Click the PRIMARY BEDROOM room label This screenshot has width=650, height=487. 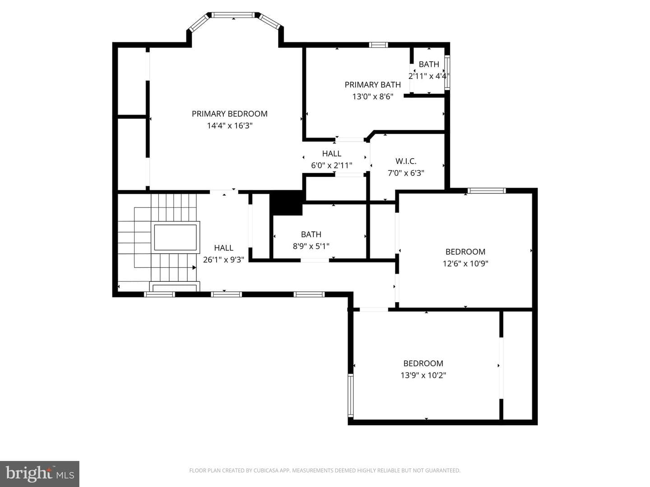(229, 114)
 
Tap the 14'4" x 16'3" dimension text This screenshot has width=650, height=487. (229, 126)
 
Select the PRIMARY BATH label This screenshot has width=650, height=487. (372, 85)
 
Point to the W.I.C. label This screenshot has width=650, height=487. (406, 161)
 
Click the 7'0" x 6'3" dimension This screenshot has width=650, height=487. (406, 173)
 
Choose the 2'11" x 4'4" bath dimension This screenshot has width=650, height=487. (429, 76)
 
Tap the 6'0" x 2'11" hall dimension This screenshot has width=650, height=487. (331, 165)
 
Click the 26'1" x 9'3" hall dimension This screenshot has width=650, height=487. (223, 260)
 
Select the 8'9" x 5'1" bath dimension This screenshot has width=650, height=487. (311, 246)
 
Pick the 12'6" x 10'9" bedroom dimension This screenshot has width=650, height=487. (465, 263)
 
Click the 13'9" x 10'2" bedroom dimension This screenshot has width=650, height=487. (423, 375)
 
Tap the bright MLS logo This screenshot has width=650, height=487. (40, 474)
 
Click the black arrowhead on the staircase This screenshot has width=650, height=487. (194, 267)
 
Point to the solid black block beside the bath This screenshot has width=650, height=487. (286, 202)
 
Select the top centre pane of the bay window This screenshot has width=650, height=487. (233, 15)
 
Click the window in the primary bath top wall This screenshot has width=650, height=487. (378, 45)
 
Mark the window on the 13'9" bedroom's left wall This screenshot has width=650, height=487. (350, 395)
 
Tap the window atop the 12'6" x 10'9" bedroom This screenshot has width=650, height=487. (487, 191)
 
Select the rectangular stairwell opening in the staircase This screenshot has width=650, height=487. (175, 238)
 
